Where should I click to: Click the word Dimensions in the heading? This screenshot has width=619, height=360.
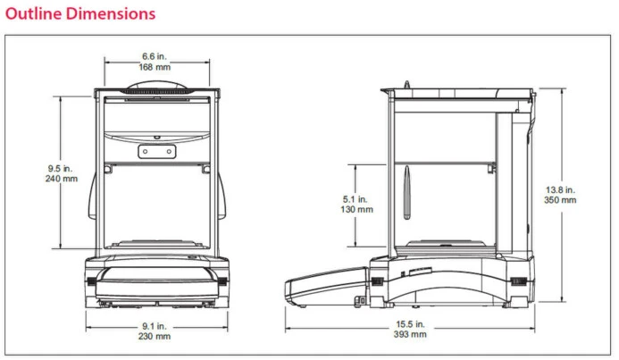[109, 13]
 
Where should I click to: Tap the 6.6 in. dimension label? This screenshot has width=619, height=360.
[155, 55]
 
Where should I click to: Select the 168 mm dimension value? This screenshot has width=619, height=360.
[155, 66]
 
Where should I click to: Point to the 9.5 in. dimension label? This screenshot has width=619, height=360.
[61, 167]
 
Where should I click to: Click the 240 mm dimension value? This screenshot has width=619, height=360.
[61, 179]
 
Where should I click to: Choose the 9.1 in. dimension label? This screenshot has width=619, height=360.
[156, 325]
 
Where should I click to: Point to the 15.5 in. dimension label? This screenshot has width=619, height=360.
[411, 323]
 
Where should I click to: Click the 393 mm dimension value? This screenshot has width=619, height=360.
[411, 335]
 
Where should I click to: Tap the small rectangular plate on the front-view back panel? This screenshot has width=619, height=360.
[156, 152]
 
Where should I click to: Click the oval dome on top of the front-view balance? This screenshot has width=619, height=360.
[157, 87]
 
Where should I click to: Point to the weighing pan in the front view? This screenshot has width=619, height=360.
[156, 241]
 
